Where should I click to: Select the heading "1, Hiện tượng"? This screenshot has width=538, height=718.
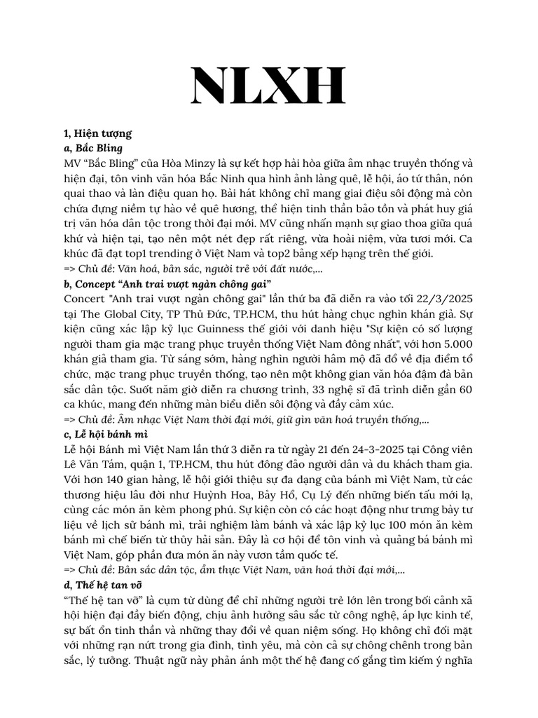[97, 133]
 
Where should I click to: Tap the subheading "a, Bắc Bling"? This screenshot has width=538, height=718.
[92, 148]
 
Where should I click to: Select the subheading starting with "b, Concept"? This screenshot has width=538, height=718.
[167, 284]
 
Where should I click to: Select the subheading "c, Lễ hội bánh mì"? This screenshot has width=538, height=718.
[105, 435]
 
